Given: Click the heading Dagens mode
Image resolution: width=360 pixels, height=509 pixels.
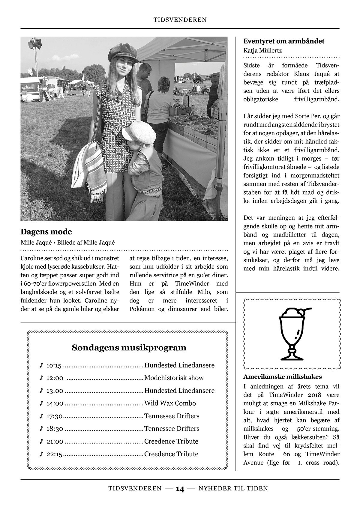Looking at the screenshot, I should [x=46, y=232].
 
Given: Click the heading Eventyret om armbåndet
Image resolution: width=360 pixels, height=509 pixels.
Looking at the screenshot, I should [x=284, y=41].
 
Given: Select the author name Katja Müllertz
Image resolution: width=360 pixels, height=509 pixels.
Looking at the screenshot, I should [x=262, y=50].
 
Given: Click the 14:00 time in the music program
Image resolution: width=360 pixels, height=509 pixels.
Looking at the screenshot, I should [x=55, y=403].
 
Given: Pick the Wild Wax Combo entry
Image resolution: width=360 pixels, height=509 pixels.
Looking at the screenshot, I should [x=170, y=403].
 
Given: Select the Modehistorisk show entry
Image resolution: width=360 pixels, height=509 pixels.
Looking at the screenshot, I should [x=174, y=378].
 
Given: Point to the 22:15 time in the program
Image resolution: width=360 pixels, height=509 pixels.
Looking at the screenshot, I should [x=54, y=454].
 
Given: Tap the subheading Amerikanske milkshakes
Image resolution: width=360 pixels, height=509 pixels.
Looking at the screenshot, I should [x=283, y=377].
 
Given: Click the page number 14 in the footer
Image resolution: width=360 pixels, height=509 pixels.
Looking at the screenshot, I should [x=180, y=489].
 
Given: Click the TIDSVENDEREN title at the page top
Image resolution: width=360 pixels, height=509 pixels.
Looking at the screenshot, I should [x=180, y=20].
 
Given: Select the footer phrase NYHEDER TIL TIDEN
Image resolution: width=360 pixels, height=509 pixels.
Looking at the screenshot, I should [x=233, y=488].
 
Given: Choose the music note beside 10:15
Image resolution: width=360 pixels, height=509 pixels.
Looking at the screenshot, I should [x=41, y=365].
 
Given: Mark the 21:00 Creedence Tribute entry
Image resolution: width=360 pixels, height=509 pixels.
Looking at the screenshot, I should [x=171, y=441].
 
